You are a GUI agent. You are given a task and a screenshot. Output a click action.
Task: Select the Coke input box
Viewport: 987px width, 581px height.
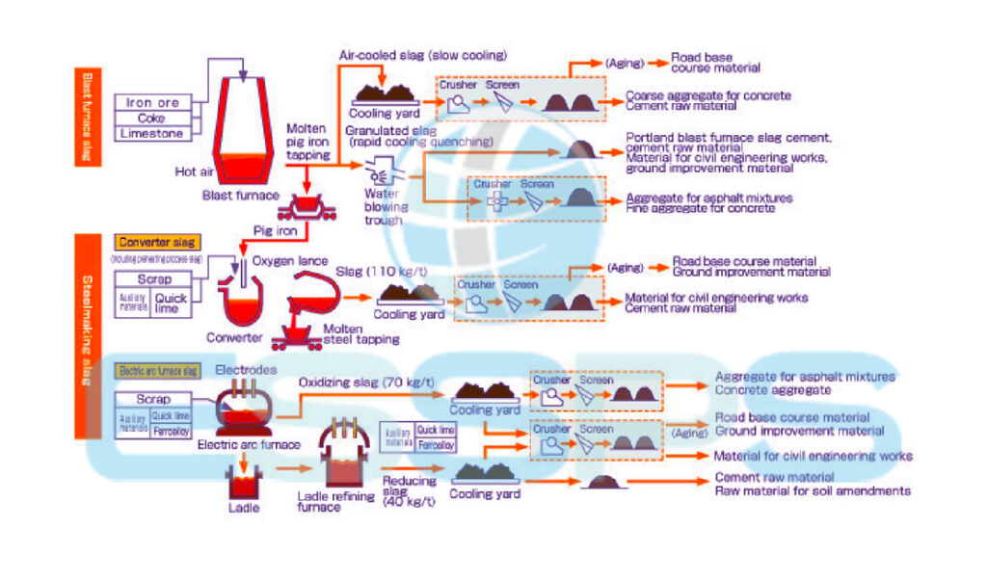(153, 119)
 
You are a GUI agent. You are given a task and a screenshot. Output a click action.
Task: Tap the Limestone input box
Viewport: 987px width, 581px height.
(153, 134)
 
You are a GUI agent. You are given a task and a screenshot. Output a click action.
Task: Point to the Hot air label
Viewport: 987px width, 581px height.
(193, 172)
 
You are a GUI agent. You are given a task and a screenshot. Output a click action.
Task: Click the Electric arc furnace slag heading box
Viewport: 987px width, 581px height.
(156, 370)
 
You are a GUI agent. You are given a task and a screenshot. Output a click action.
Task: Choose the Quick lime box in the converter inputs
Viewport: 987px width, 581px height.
(172, 304)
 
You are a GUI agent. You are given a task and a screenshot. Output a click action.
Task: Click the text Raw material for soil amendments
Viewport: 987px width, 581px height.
(812, 490)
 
